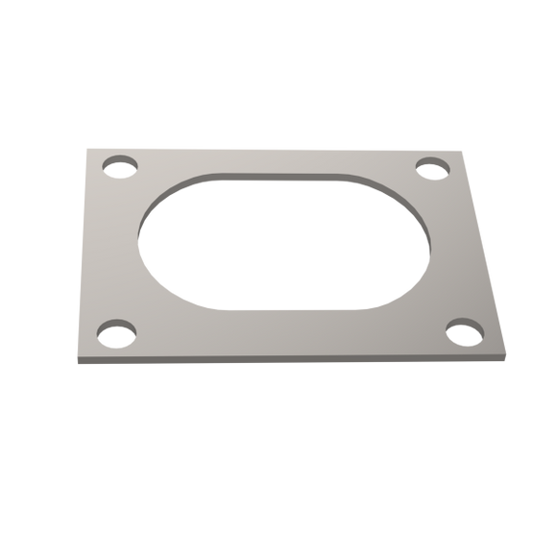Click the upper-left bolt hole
(x=121, y=164)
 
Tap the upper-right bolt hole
(x=434, y=167)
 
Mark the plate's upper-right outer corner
(x=455, y=149)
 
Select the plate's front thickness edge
(x=288, y=362)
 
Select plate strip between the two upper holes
(x=278, y=158)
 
